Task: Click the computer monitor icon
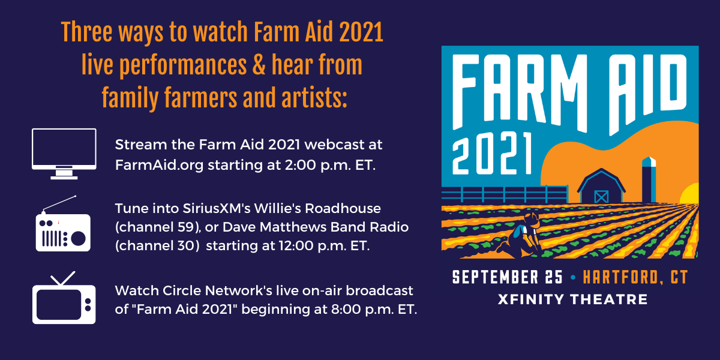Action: point(64,154)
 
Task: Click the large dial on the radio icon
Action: point(79,238)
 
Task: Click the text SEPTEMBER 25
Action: point(507,278)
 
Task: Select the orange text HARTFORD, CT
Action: point(635,278)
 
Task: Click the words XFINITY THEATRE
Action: point(572,299)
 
